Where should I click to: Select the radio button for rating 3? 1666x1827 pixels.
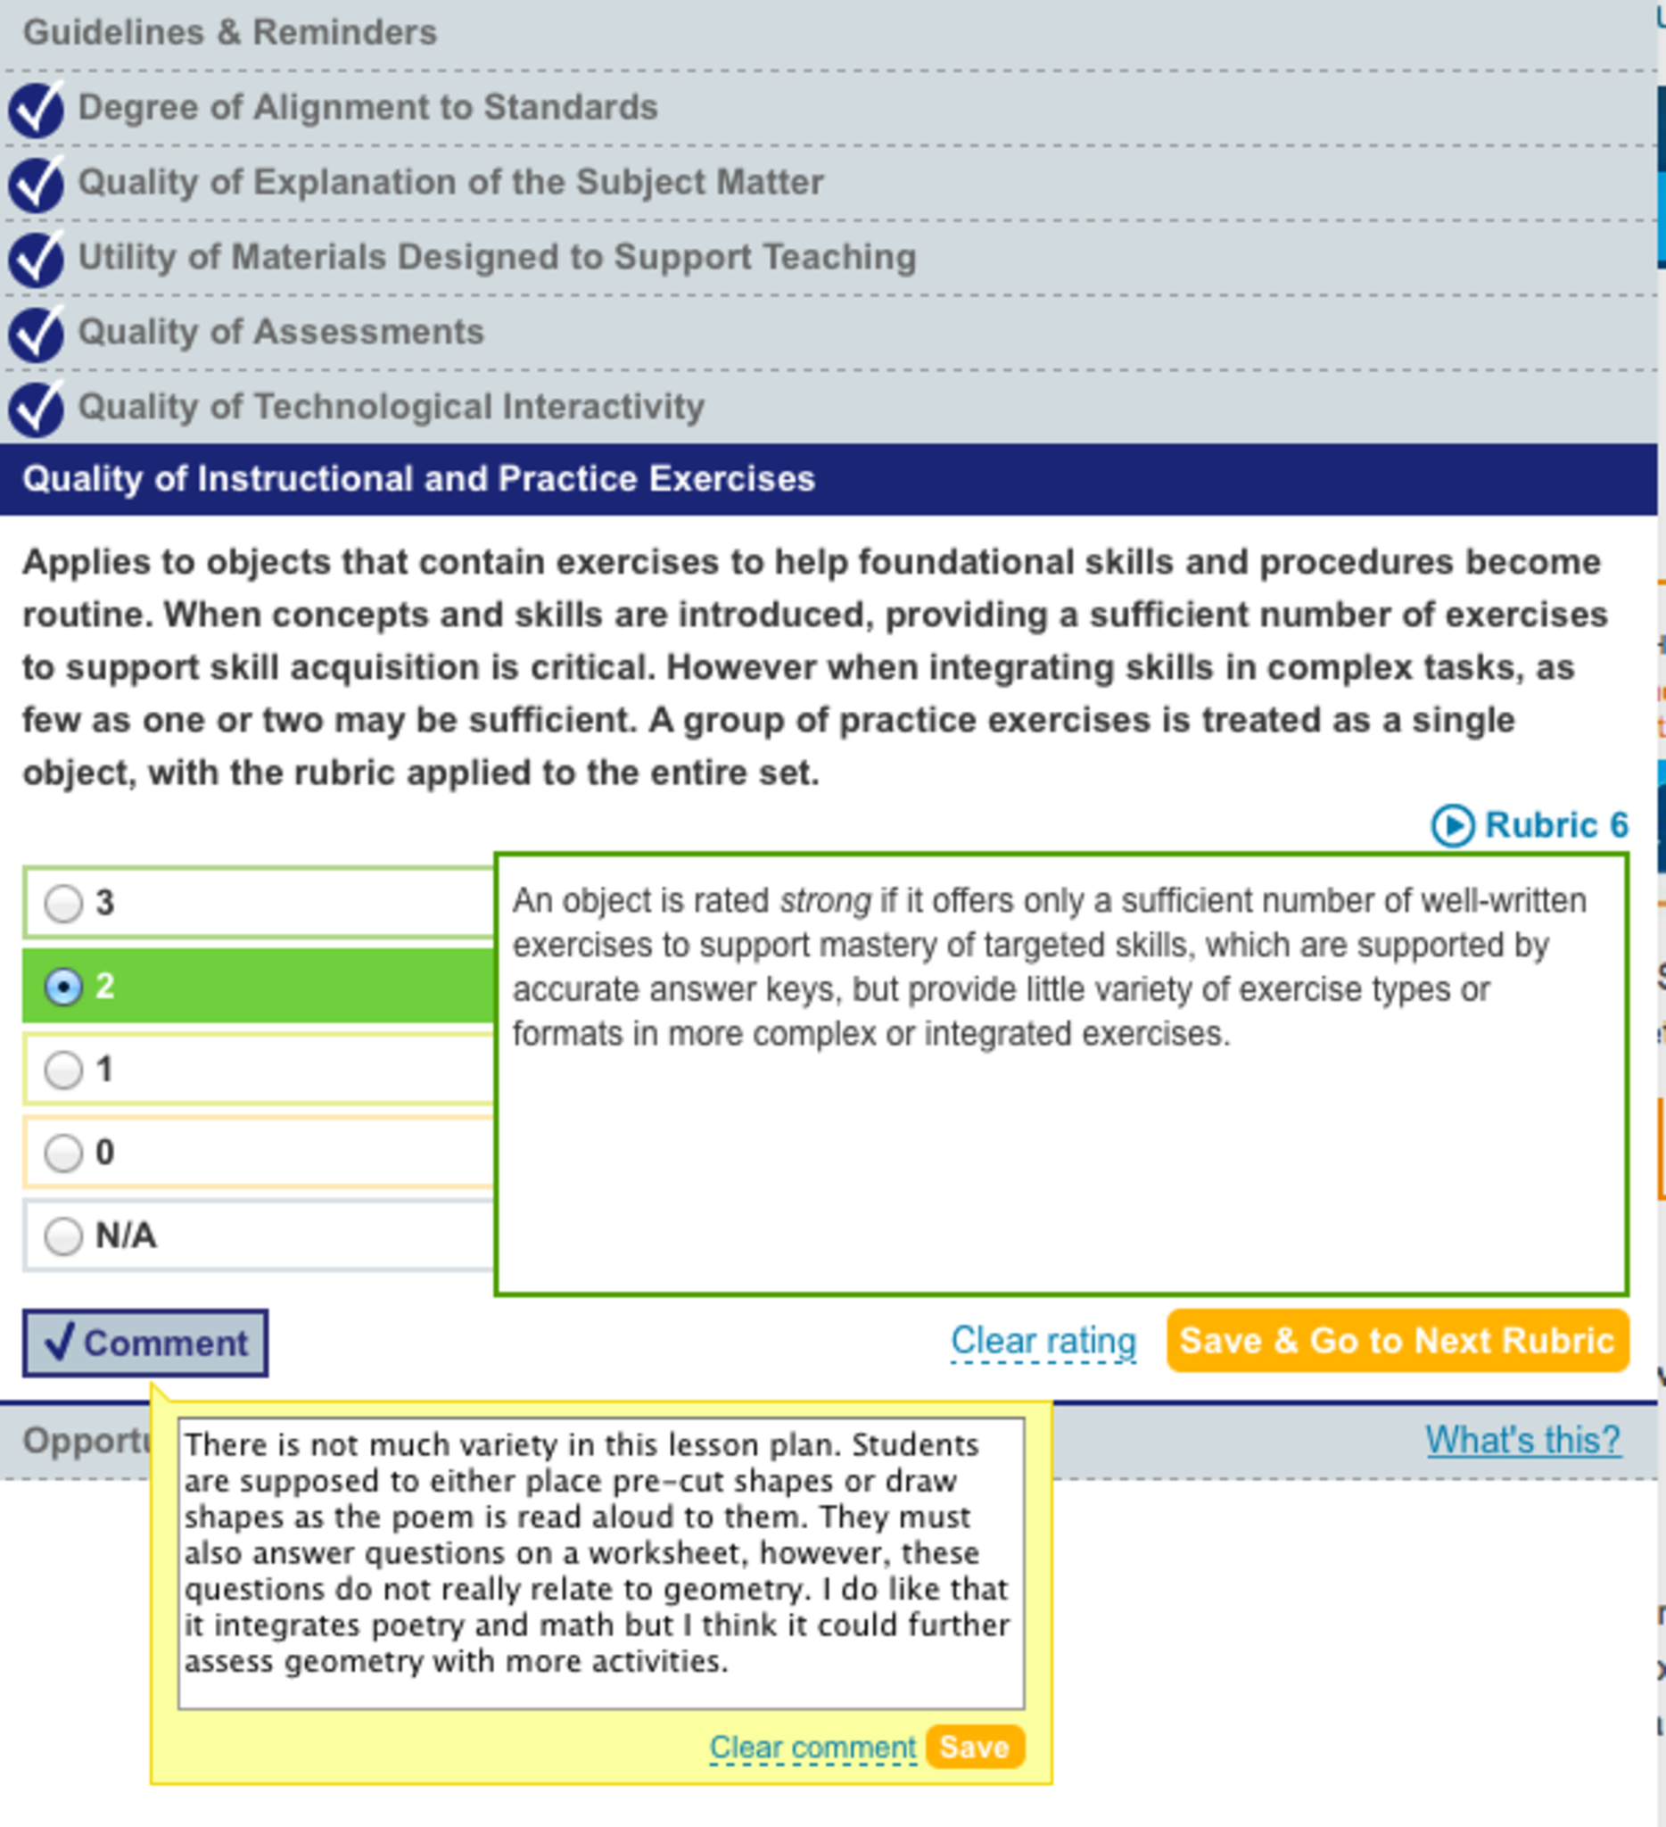pyautogui.click(x=63, y=904)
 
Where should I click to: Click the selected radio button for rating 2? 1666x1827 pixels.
pyautogui.click(x=63, y=986)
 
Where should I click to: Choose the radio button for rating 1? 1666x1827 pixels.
pyautogui.click(x=63, y=1070)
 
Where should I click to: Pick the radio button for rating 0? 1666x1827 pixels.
pyautogui.click(x=63, y=1153)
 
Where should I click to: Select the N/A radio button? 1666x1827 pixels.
pyautogui.click(x=63, y=1236)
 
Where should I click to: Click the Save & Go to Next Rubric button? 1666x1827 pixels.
pyautogui.click(x=1397, y=1340)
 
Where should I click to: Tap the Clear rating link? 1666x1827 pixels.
pyautogui.click(x=1043, y=1340)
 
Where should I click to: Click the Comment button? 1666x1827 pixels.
pyautogui.click(x=145, y=1343)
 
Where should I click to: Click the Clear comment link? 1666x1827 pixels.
pyautogui.click(x=812, y=1748)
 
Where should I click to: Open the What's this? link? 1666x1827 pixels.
pyautogui.click(x=1523, y=1440)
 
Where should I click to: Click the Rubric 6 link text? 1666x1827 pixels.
pyautogui.click(x=1556, y=824)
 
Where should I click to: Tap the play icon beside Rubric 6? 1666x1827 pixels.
pyautogui.click(x=1452, y=825)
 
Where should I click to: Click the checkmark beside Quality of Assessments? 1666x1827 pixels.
pyautogui.click(x=37, y=333)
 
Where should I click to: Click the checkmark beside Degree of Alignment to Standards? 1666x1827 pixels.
pyautogui.click(x=37, y=109)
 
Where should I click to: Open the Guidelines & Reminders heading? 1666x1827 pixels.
pyautogui.click(x=230, y=33)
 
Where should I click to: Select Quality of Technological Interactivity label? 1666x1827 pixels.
pyautogui.click(x=392, y=406)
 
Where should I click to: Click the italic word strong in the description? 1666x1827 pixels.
pyautogui.click(x=824, y=901)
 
